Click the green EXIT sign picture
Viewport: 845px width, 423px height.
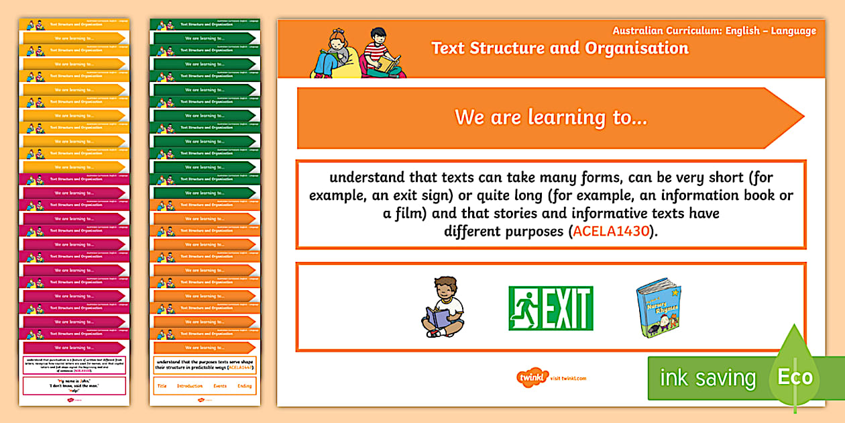(551, 308)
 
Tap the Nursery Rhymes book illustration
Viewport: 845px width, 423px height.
(658, 308)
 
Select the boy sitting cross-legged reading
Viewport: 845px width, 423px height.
(443, 307)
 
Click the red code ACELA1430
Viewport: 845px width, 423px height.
(611, 232)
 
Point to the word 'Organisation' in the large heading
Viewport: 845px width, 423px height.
(636, 48)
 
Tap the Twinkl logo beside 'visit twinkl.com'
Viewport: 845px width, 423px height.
(532, 377)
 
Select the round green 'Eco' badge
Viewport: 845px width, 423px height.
(795, 377)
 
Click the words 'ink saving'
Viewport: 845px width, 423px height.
(708, 378)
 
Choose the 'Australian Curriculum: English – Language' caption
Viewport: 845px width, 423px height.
(714, 31)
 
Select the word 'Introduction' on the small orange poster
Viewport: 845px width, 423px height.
(189, 386)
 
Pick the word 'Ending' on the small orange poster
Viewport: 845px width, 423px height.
(244, 386)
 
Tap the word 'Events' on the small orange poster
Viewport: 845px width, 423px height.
(219, 386)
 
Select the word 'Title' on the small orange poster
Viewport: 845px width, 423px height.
(162, 386)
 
